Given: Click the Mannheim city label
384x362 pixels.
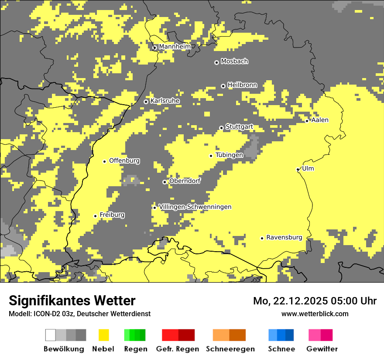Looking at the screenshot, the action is (x=175, y=47).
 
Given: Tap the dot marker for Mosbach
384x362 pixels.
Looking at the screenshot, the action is (x=216, y=62).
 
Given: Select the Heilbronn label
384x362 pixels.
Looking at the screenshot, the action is (x=242, y=85).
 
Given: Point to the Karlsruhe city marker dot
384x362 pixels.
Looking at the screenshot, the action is (x=146, y=102).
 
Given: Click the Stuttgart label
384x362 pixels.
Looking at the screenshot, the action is (x=239, y=127).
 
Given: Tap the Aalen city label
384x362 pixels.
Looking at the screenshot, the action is (x=320, y=120).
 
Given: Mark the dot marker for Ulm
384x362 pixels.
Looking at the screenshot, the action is (x=298, y=169).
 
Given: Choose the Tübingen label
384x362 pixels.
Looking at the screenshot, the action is (x=229, y=155).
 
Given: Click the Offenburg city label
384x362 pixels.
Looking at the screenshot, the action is (x=124, y=161).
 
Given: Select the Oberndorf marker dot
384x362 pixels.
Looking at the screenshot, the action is (x=165, y=182).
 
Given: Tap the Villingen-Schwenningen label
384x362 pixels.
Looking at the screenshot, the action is (x=195, y=207).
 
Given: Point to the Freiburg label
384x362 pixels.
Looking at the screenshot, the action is (x=112, y=215).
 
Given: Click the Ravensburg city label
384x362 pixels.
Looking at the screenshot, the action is (x=284, y=237).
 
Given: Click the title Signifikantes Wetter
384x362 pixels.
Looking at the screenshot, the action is (x=72, y=301).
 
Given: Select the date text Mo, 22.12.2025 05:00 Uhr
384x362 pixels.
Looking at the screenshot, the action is (x=315, y=301).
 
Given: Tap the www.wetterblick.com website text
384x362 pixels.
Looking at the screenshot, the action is (x=315, y=314).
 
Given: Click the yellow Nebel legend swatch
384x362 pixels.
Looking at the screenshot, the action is (x=104, y=335).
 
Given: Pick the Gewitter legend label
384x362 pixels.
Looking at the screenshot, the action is (x=322, y=349).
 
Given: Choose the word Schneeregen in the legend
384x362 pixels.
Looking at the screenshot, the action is (x=230, y=349).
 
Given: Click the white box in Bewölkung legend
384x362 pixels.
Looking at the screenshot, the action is (x=51, y=335).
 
